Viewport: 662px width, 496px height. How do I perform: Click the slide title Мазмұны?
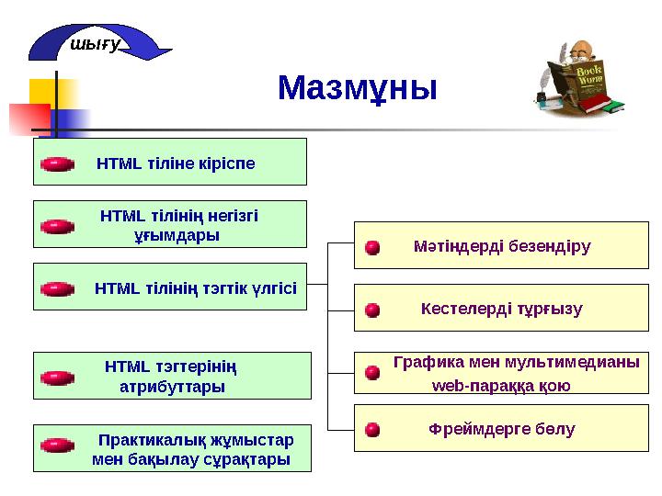[x=358, y=89]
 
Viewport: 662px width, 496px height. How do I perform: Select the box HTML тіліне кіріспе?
[x=170, y=163]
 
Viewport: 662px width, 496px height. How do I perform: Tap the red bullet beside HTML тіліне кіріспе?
[x=57, y=163]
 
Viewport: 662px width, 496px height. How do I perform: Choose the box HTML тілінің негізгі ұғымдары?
[x=170, y=225]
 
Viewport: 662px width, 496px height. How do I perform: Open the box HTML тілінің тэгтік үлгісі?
[x=170, y=287]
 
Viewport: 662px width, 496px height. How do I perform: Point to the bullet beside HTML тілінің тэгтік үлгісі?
[x=57, y=288]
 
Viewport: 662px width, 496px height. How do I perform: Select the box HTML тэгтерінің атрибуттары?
[x=170, y=376]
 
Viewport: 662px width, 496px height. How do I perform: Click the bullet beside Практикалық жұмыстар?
[x=57, y=445]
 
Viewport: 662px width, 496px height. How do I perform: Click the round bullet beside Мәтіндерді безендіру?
[x=372, y=248]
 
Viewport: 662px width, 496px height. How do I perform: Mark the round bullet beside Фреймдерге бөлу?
[x=372, y=429]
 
